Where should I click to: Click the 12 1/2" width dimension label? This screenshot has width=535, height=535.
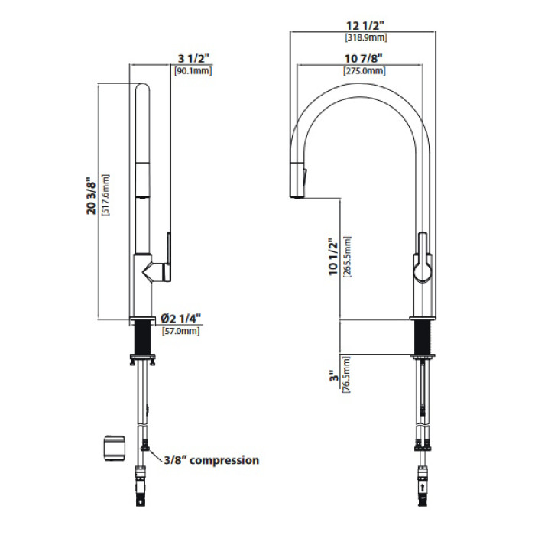[x=365, y=25]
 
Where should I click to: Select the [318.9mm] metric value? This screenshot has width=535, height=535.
[x=366, y=37]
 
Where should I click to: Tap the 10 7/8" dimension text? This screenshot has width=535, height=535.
[x=363, y=59]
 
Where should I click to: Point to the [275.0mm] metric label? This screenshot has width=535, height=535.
[x=364, y=70]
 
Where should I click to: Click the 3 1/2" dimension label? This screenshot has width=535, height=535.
[x=193, y=59]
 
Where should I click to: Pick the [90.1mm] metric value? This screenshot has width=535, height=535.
[x=193, y=71]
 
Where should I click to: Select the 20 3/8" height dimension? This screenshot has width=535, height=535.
[x=92, y=196]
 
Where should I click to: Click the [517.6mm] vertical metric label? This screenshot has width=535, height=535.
[x=105, y=195]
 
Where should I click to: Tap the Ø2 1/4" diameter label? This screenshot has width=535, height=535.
[x=181, y=319]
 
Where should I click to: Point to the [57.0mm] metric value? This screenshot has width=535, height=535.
[x=180, y=331]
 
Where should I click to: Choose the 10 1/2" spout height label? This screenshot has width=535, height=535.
[x=332, y=257]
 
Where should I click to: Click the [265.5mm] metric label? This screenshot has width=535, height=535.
[x=347, y=257]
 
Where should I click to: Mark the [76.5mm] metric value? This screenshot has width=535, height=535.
[x=345, y=375]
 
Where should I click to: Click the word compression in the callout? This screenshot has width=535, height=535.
[x=225, y=461]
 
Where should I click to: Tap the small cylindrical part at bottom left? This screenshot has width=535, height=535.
[x=115, y=448]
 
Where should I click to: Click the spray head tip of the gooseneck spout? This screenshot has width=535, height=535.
[x=297, y=196]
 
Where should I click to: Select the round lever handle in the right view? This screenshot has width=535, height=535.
[x=423, y=268]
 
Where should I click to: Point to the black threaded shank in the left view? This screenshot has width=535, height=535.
[x=143, y=338]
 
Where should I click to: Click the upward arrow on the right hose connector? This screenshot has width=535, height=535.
[x=423, y=487]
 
